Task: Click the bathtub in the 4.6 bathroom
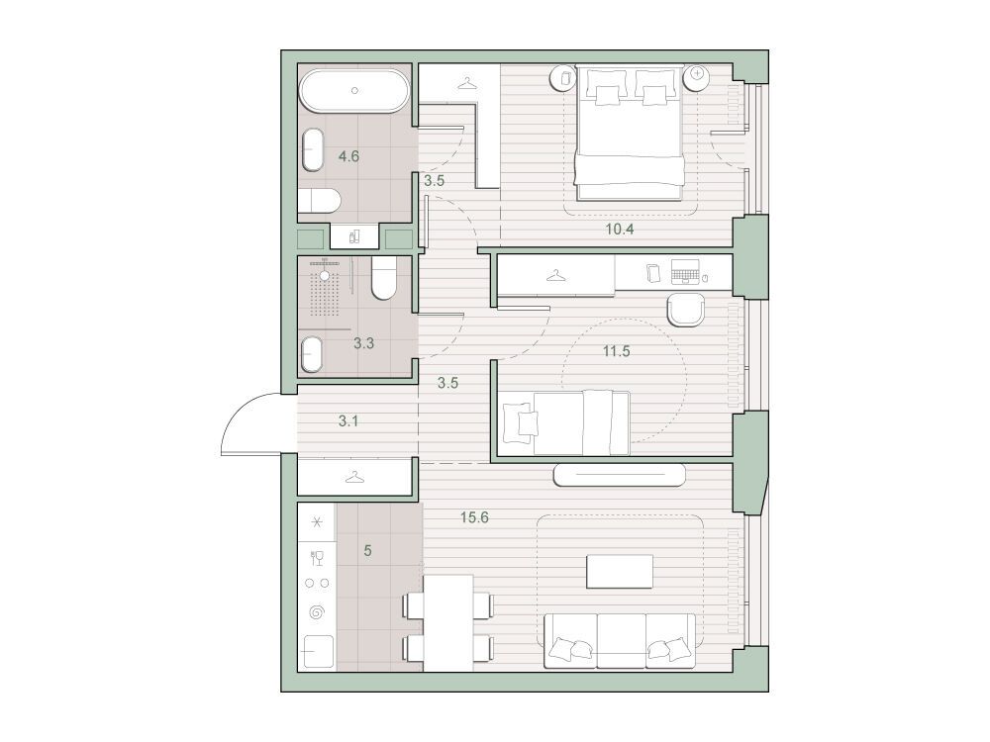(x=354, y=91)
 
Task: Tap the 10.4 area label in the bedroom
(x=620, y=230)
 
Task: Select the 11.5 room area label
(x=616, y=351)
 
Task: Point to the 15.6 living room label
(x=474, y=518)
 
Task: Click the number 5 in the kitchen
(x=367, y=551)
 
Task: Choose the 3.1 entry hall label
(x=347, y=420)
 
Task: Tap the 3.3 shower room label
(x=363, y=343)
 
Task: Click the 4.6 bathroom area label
(x=348, y=156)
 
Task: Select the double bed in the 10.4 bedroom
(x=629, y=133)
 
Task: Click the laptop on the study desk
(x=686, y=272)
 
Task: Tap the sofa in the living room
(x=620, y=640)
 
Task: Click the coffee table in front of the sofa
(x=620, y=571)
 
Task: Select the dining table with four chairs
(x=448, y=623)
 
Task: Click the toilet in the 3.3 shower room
(x=383, y=277)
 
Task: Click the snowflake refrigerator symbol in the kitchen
(x=317, y=522)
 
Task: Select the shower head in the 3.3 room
(x=325, y=275)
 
